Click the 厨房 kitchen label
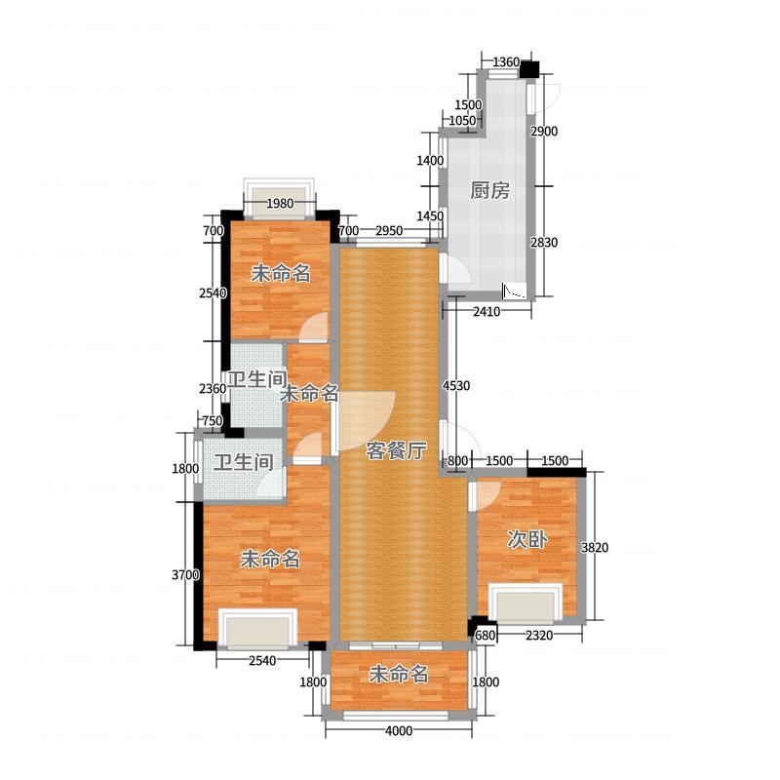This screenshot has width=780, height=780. pos(490,190)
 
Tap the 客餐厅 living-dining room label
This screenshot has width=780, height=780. pos(396,450)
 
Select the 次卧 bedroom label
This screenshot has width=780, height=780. pos(527,539)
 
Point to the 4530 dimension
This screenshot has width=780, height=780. pos(456,385)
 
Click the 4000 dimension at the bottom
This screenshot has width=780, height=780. pos(399,730)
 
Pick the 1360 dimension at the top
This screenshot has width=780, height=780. pos(506,62)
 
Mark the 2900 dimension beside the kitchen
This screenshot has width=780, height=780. pos(544,132)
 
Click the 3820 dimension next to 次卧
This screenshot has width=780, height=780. pos(595,548)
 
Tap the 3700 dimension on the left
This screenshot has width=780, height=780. pos(185,575)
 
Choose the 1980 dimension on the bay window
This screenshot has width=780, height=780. pos(280,204)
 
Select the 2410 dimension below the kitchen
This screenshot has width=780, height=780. pos(487,312)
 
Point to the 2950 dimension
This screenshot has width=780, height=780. pos(389,231)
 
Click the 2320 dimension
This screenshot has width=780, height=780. pos(539,636)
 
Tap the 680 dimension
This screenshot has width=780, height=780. pos(485,636)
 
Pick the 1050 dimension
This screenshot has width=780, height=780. pos(462,121)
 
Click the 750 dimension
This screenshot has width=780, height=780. pos(213,421)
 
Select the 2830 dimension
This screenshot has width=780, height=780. pos(544,242)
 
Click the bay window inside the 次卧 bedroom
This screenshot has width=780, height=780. pos(526,604)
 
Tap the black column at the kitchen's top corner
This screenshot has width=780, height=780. pos(529,68)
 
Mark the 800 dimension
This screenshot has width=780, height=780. pos(457,460)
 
